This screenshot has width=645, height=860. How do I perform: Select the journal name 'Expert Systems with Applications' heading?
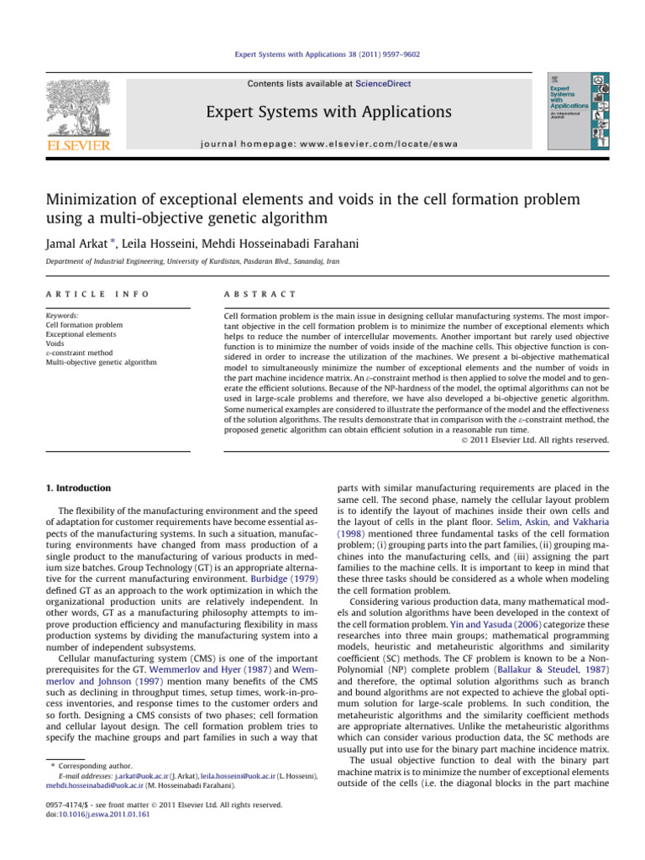click(323, 112)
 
